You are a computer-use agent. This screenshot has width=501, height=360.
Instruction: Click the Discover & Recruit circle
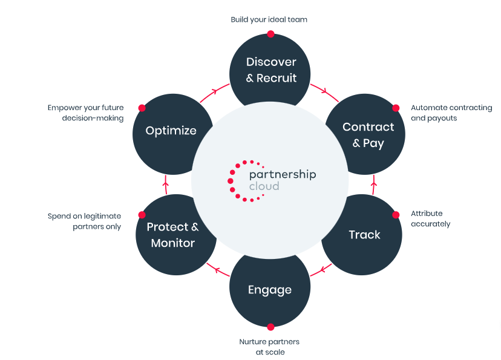pyautogui.click(x=270, y=70)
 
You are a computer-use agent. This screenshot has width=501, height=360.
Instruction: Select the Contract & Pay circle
pyautogui.click(x=368, y=135)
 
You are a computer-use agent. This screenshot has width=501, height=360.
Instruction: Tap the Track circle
pyautogui.click(x=364, y=235)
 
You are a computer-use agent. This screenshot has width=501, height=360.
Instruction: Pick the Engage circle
pyautogui.click(x=270, y=290)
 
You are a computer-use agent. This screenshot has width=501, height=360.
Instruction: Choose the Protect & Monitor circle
pyautogui.click(x=172, y=235)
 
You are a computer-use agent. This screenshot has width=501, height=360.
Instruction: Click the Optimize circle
pyautogui.click(x=171, y=130)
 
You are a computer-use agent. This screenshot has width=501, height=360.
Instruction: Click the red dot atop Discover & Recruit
pyautogui.click(x=270, y=34)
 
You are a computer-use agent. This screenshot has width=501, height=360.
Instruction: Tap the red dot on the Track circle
pyautogui.click(x=396, y=214)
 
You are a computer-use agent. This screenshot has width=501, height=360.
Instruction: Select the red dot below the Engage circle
pyautogui.click(x=270, y=327)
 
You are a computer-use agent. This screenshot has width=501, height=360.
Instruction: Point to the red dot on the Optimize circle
pyautogui.click(x=142, y=108)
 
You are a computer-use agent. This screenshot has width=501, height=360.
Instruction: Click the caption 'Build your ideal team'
pyautogui.click(x=269, y=19)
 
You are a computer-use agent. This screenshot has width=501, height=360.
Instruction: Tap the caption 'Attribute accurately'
pyautogui.click(x=430, y=218)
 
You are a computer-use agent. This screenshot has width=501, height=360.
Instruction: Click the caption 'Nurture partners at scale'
pyautogui.click(x=269, y=347)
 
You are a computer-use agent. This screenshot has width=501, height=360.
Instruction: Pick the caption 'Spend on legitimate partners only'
pyautogui.click(x=85, y=221)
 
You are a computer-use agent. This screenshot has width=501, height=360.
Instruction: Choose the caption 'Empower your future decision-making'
pyautogui.click(x=85, y=113)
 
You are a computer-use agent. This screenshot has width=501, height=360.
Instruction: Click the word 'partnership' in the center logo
pyautogui.click(x=283, y=174)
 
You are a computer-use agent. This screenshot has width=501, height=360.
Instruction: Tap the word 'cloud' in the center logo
pyautogui.click(x=264, y=186)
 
